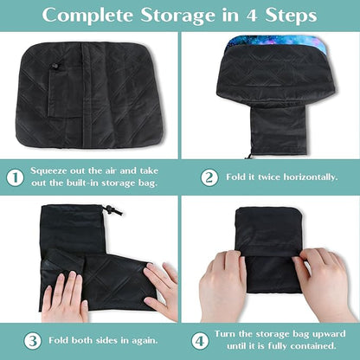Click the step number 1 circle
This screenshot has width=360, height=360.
pyautogui.click(x=15, y=177)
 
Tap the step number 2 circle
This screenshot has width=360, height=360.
pyautogui.click(x=209, y=177)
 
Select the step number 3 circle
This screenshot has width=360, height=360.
pyautogui.click(x=32, y=341)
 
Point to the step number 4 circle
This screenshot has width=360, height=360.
pyautogui.click(x=200, y=341)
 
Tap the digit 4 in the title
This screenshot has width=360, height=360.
pyautogui.click(x=252, y=16)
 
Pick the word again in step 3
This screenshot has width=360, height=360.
pyautogui.click(x=144, y=341)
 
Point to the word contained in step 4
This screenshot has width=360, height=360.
pyautogui.click(x=314, y=345)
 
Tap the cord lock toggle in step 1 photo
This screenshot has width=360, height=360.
pyautogui.click(x=55, y=66)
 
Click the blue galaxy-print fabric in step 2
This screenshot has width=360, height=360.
pyautogui.click(x=276, y=42)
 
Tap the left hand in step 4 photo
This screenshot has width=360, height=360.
pyautogui.click(x=222, y=286)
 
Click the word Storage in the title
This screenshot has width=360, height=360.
pyautogui.click(x=177, y=16)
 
